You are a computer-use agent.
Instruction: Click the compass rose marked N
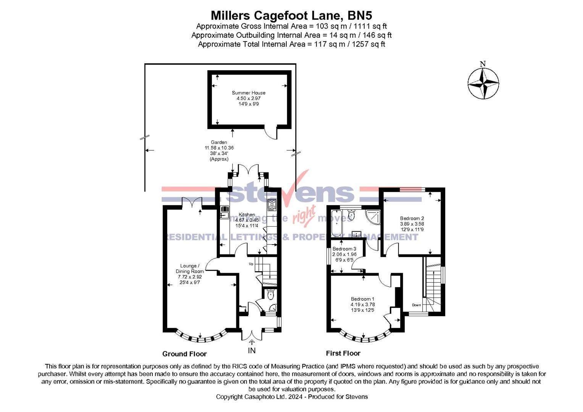(483, 83)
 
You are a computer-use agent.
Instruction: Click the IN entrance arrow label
(252, 350)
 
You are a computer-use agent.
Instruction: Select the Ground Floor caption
(184, 354)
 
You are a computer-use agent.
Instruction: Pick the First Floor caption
(343, 353)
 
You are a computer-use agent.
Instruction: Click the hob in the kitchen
(272, 205)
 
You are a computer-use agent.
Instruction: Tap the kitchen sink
(224, 212)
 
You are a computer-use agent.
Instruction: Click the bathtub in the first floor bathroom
(336, 223)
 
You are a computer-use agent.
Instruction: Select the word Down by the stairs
(416, 305)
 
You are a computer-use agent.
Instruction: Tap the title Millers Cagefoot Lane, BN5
(291, 15)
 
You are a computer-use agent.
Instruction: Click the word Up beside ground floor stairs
(251, 264)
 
